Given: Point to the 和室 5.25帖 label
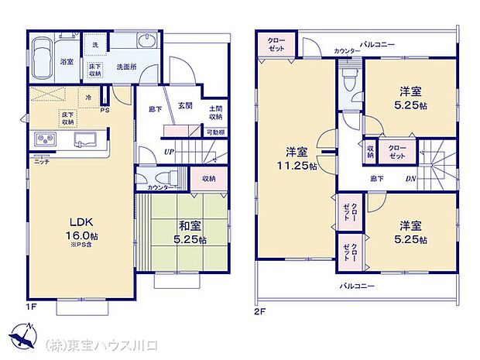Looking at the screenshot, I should coord(185,233).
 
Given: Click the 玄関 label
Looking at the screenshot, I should coord(185,105).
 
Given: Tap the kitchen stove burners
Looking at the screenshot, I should coord(43,139).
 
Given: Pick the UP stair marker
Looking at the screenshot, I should coord(168,151).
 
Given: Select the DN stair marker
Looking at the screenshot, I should coord(410,178).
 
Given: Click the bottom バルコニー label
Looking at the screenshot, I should coord(357,286).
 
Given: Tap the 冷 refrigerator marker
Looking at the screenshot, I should coord(89,98).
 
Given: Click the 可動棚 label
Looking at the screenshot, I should coord(216,132).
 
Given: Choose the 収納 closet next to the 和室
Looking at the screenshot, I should coord(207,179).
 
